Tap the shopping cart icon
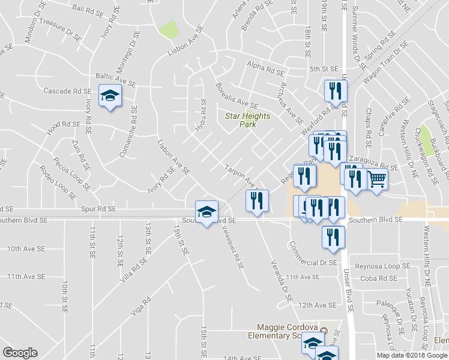[x=376, y=178]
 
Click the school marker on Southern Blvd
[x=206, y=212]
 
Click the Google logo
[x=20, y=353]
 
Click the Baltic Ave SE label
[x=116, y=76]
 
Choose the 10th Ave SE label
[x=26, y=248]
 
